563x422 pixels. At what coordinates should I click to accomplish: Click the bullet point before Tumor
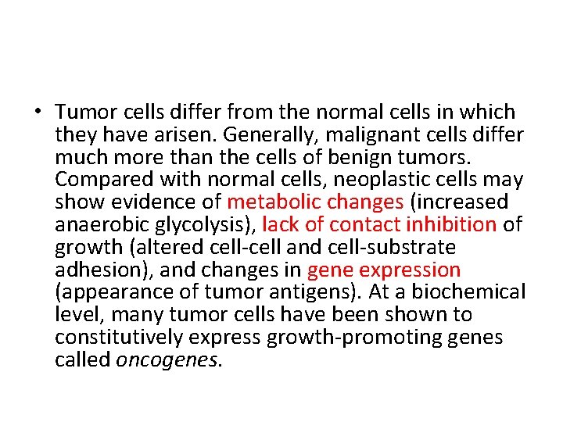(x=38, y=112)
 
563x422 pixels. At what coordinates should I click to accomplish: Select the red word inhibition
(x=450, y=225)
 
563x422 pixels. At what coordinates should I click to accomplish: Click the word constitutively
(x=119, y=338)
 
